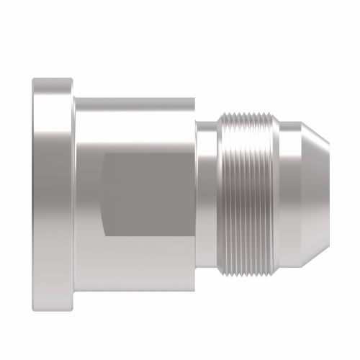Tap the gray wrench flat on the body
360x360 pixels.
(x=148, y=194)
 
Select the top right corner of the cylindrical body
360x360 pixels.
(x=195, y=97)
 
